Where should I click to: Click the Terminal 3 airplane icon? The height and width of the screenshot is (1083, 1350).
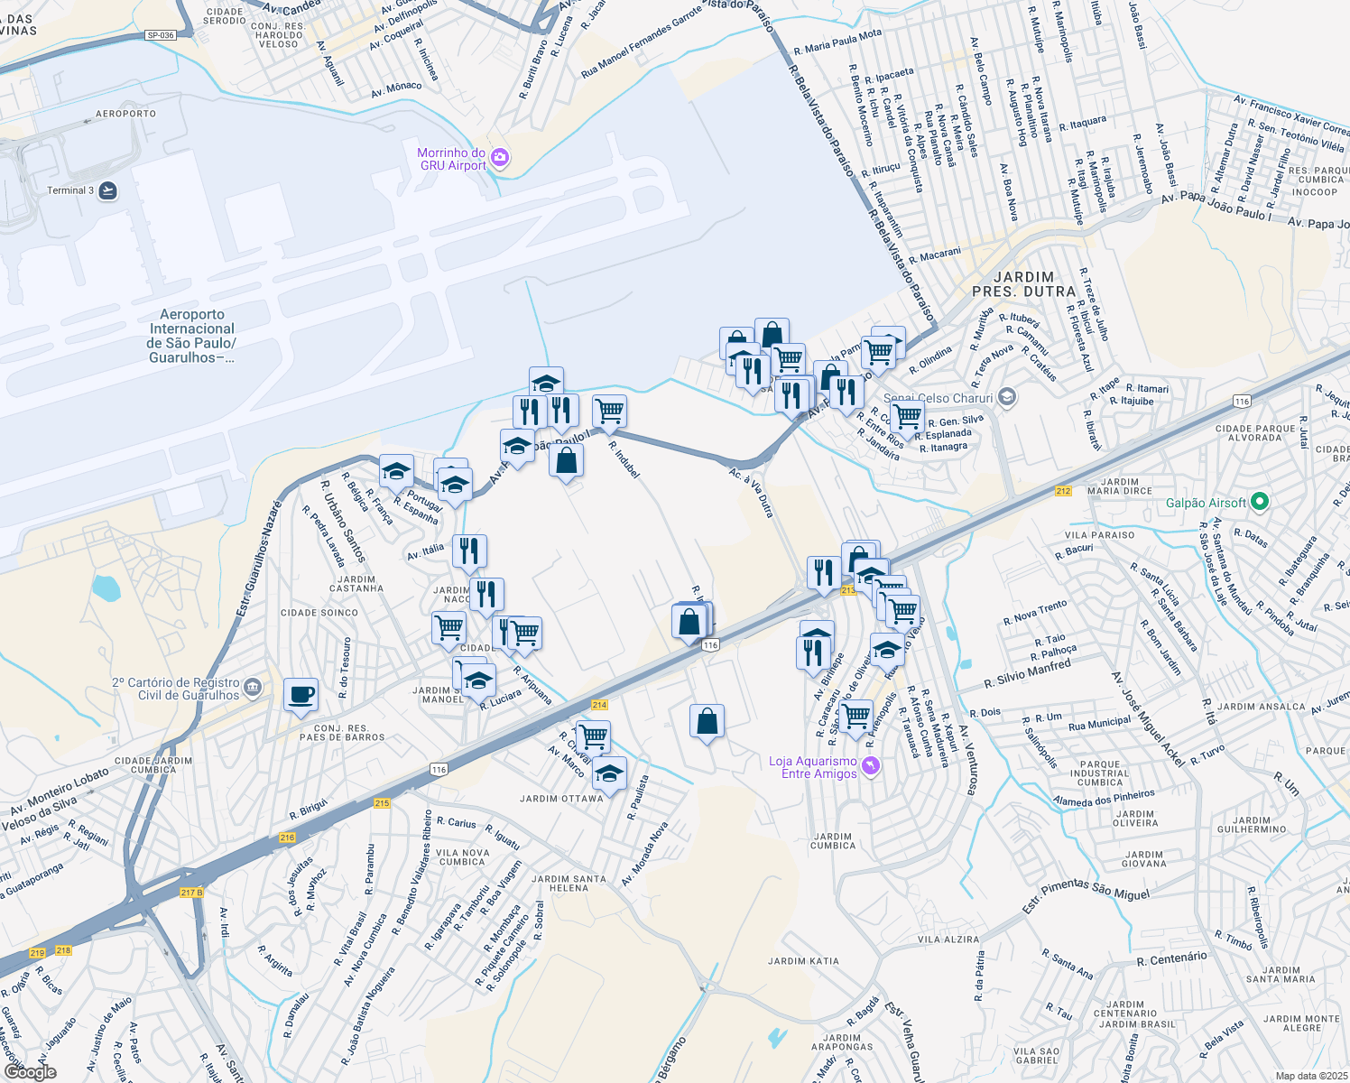coord(108,190)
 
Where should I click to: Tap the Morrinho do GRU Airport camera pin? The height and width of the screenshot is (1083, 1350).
coord(500,159)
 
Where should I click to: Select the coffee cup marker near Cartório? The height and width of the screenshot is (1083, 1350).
coord(301,695)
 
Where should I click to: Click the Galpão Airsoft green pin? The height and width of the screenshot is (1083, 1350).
coord(1261,502)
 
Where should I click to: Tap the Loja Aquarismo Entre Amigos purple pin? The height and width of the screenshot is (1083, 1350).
coord(870,766)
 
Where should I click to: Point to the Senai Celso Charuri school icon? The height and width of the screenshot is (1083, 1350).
coord(1007,397)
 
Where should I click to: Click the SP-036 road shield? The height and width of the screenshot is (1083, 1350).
coord(160,35)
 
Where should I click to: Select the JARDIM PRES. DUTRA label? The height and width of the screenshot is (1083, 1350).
coord(1024,284)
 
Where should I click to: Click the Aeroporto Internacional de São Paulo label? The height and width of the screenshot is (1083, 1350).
coord(191,336)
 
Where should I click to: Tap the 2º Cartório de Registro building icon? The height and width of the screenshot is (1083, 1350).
coord(252,688)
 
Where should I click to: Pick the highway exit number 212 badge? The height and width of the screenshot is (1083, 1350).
coord(1063,491)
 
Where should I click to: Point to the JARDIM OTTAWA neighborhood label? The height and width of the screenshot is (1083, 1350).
coord(561,799)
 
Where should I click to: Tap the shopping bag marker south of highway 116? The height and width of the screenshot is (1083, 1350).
coord(707,722)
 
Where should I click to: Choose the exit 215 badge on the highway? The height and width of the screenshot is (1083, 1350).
coord(381,802)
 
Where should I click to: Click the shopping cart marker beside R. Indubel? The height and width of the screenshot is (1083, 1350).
coord(609,411)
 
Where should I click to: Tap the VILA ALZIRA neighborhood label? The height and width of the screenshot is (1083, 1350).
coord(948,940)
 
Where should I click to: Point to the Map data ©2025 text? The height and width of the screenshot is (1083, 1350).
coord(1310,1076)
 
